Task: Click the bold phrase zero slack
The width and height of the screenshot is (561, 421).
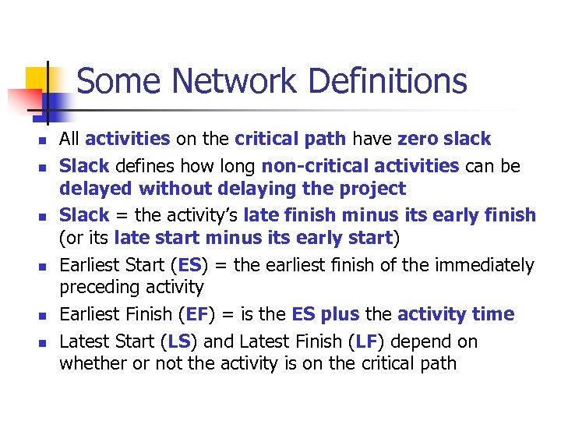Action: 444,139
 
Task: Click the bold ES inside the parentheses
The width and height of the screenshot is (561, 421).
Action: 189,265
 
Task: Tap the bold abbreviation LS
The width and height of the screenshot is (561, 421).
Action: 180,341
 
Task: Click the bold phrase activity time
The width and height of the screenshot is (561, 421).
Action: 456,314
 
